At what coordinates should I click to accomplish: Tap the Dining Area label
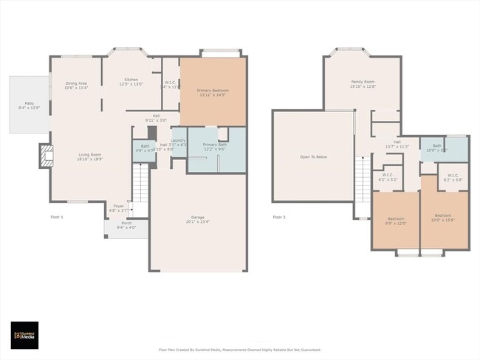[x=76, y=86]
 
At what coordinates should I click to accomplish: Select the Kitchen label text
[x=131, y=81]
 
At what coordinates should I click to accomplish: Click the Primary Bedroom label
[x=212, y=92]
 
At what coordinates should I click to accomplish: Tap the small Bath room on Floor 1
[x=143, y=149]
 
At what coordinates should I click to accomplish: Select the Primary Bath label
[x=210, y=147]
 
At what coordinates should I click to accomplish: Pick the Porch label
[x=126, y=225]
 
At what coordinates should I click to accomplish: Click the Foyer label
[x=118, y=208]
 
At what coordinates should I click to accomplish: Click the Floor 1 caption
[x=57, y=217]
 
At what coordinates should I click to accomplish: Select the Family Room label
[x=363, y=83]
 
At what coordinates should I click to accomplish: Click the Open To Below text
[x=314, y=156]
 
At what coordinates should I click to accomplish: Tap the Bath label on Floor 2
[x=437, y=148]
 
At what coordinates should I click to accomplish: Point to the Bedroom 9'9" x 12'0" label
[x=397, y=221]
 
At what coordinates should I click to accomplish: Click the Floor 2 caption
[x=278, y=217]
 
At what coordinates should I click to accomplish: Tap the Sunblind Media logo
[x=27, y=334]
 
